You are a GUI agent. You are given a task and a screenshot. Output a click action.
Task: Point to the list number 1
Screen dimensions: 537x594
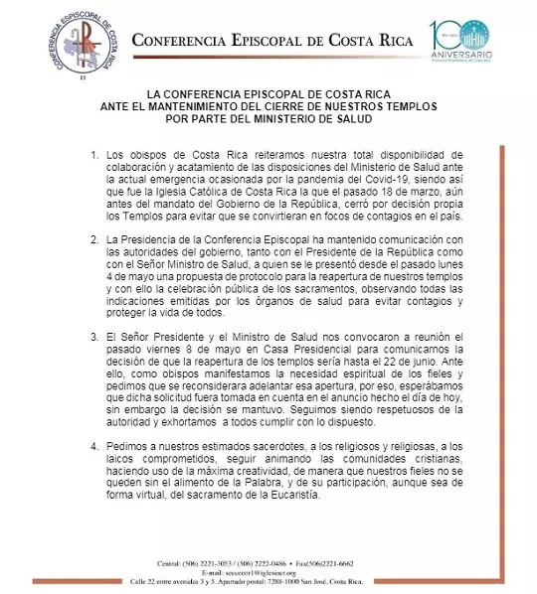(94, 157)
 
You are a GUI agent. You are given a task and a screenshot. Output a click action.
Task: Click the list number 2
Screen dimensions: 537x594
(94, 239)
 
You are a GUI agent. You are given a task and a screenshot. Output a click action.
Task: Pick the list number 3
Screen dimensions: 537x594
(94, 334)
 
